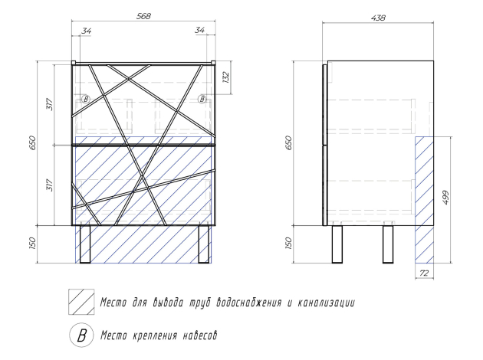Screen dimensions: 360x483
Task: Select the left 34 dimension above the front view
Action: pos(85,30)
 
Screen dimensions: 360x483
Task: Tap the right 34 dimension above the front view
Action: pos(201,30)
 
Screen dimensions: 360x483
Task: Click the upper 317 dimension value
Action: pos(48,105)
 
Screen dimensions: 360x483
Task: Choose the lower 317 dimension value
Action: pos(48,185)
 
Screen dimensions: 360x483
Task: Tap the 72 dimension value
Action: pos(423,272)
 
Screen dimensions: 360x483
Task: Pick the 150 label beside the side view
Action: pos(289,245)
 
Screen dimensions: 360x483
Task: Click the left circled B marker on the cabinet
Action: pos(86,99)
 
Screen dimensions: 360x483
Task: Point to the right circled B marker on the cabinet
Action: pos(202,99)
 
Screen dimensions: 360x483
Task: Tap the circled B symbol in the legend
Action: pos(79,335)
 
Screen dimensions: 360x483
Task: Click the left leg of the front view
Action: pos(85,244)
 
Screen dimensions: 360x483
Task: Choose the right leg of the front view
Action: pos(204,244)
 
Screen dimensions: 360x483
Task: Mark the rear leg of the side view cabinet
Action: pos(388,244)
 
